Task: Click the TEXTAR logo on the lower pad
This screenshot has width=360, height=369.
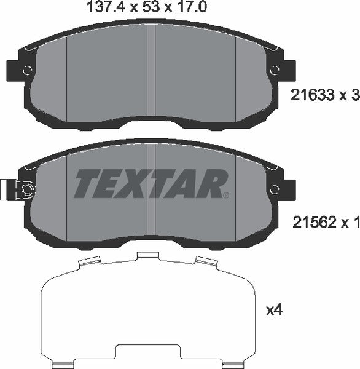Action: (x=151, y=183)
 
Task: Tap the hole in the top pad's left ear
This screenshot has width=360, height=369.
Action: (x=26, y=69)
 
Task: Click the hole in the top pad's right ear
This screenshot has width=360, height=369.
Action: (x=275, y=69)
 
